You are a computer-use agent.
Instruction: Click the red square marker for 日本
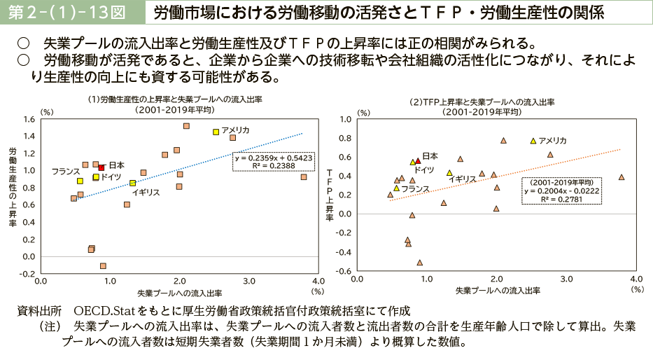(x=101, y=167)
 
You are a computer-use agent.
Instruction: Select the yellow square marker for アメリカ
(x=216, y=132)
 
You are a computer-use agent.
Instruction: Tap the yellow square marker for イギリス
(x=133, y=183)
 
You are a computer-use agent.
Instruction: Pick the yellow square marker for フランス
(x=80, y=181)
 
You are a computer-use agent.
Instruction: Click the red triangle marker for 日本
(x=418, y=160)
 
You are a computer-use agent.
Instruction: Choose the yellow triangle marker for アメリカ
(x=533, y=141)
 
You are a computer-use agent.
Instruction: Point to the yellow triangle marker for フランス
(x=396, y=188)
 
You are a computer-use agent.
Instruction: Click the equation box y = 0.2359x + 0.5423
(x=274, y=162)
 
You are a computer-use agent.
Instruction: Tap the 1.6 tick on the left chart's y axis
(x=29, y=119)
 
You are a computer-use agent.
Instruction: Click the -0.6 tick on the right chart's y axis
(x=345, y=272)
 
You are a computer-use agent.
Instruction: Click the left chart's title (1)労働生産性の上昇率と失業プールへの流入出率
(x=175, y=99)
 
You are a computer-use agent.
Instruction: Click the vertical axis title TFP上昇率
(x=330, y=194)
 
